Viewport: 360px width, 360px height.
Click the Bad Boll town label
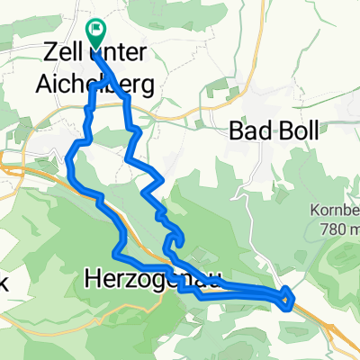click(x=274, y=130)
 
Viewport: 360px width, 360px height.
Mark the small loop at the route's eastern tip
click(x=286, y=295)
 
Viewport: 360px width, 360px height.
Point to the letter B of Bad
click(x=237, y=130)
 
